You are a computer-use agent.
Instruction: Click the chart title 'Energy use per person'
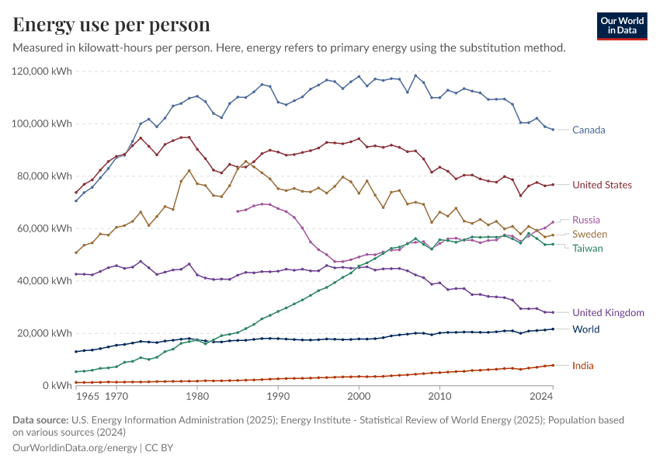click(x=112, y=25)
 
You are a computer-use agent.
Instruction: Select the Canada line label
click(x=589, y=130)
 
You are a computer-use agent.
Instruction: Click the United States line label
click(x=602, y=185)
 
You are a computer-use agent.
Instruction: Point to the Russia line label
click(x=585, y=220)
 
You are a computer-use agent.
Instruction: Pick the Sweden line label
click(x=589, y=234)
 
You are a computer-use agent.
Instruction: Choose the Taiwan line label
click(x=588, y=249)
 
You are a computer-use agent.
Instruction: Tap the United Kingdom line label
click(x=608, y=312)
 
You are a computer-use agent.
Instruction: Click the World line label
click(x=585, y=329)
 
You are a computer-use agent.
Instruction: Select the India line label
click(x=583, y=365)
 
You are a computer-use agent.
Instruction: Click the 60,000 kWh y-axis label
click(x=44, y=228)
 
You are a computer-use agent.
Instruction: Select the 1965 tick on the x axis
click(x=88, y=397)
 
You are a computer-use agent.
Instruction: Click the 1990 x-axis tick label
click(x=278, y=397)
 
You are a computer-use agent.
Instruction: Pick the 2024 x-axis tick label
click(x=541, y=397)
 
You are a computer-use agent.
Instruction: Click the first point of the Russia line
click(x=238, y=211)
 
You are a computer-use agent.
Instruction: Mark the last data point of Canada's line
click(x=553, y=130)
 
